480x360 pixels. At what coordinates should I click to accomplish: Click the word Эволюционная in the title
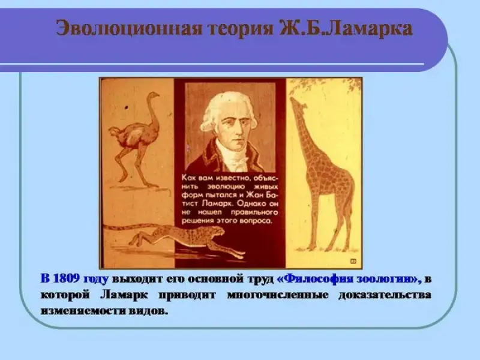(x=128, y=29)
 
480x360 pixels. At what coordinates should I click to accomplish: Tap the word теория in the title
(x=241, y=29)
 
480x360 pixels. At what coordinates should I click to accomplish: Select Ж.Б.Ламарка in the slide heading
(x=346, y=29)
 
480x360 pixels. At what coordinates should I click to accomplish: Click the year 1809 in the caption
(x=66, y=279)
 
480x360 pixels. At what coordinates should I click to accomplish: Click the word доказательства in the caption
(x=385, y=295)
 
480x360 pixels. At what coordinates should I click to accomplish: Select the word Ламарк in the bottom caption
(x=124, y=295)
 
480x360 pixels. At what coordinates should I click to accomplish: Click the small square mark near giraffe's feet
(x=353, y=261)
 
